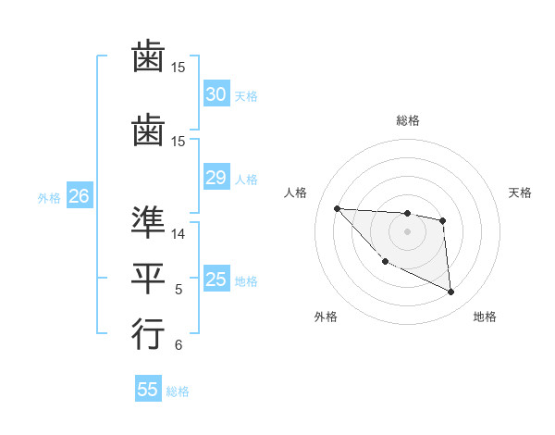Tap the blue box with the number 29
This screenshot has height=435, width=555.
pos(216,178)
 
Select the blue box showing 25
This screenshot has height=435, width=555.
pos(216,280)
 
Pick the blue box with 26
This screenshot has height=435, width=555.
pos(79,196)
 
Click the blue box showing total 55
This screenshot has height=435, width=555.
pos(147,390)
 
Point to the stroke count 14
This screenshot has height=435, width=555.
pos(179,234)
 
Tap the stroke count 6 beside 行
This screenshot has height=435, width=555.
pos(179,346)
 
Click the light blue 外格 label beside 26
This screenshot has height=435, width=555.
pos(49,197)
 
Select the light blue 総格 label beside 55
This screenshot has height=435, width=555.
pos(178,391)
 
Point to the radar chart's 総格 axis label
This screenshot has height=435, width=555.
pos(407,120)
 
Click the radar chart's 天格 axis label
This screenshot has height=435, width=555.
pos(520,193)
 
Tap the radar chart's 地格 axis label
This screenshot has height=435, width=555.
pos(485,317)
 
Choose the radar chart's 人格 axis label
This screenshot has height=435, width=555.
pos(296,193)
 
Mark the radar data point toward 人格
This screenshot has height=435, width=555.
pos(337,208)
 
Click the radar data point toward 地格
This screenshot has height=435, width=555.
pos(451,292)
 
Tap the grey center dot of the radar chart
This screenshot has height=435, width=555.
pos(407,231)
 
